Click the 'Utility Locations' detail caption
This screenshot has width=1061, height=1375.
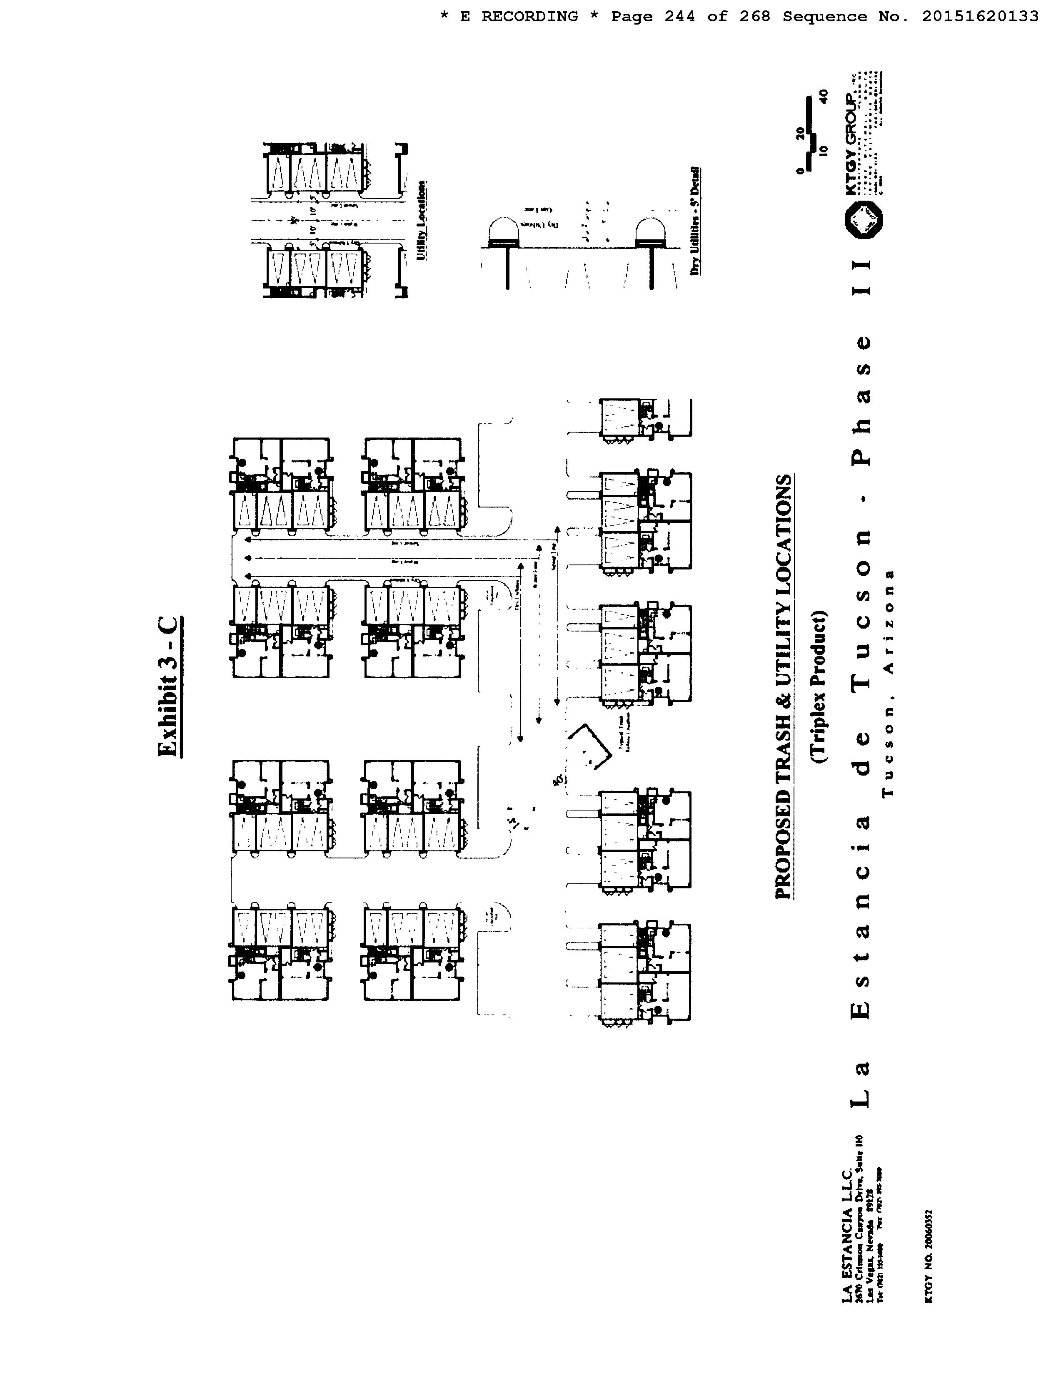pyautogui.click(x=422, y=220)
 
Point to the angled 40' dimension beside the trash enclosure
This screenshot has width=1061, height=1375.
pyautogui.click(x=557, y=781)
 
